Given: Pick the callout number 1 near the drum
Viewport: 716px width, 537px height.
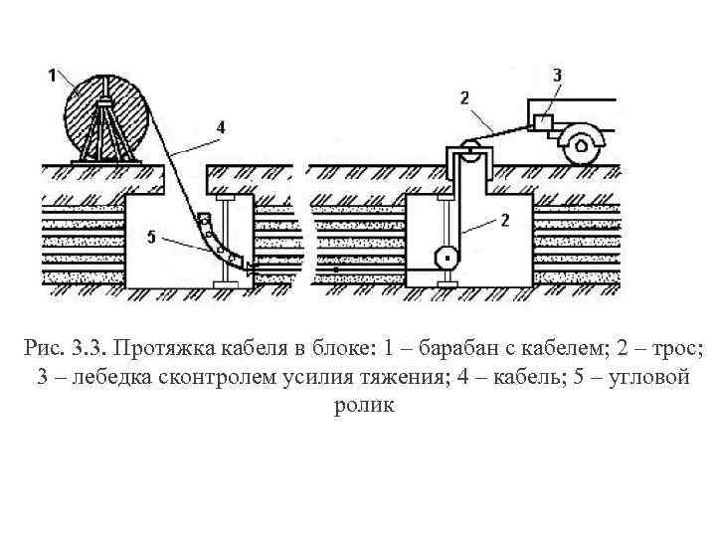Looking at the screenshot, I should [x=52, y=73].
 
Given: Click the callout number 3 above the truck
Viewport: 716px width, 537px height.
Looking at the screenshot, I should [x=557, y=74].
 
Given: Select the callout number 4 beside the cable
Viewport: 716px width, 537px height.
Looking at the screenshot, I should [x=220, y=126].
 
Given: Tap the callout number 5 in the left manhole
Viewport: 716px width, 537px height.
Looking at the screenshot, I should [x=148, y=237].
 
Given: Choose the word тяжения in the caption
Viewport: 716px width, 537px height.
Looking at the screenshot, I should [x=394, y=378].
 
